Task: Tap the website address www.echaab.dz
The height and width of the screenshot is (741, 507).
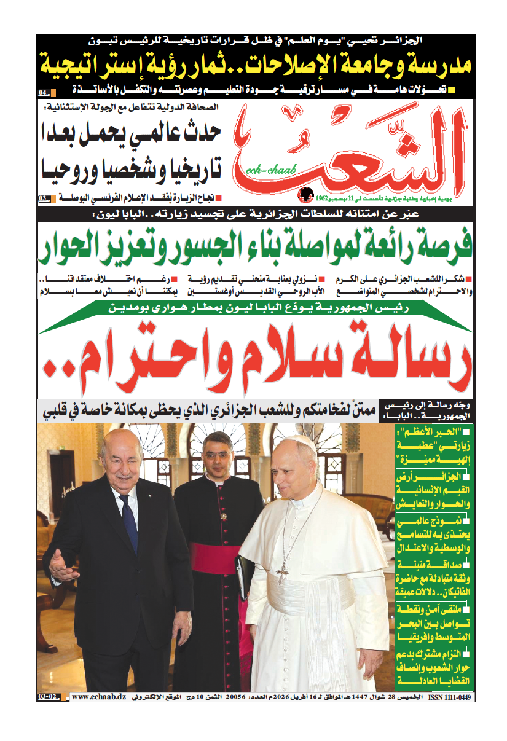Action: (99, 697)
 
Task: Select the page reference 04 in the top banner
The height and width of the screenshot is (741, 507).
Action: (44, 93)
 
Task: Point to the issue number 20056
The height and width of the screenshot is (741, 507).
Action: (237, 697)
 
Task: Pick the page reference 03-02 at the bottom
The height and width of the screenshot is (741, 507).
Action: (49, 697)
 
